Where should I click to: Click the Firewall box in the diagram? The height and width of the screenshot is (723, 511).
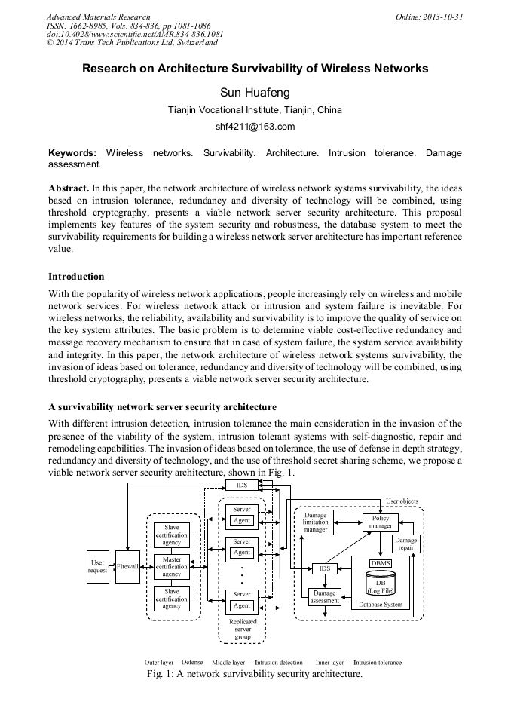(127, 565)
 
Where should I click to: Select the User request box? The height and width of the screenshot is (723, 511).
(97, 566)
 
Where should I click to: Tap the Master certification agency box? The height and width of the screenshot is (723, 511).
(172, 565)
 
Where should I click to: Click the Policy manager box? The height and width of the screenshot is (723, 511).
(381, 522)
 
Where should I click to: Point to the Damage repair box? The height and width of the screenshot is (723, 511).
(405, 544)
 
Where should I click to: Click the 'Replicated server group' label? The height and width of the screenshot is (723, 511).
(242, 629)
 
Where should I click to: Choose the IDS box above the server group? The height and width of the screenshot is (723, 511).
(242, 485)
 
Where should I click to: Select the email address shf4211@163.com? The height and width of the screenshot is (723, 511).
(255, 127)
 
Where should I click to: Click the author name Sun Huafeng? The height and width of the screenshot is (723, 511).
(255, 93)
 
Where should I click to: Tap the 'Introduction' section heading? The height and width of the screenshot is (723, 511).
(76, 277)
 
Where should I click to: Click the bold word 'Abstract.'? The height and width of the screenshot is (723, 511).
(69, 186)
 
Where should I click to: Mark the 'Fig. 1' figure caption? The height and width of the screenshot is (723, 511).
(255, 674)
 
